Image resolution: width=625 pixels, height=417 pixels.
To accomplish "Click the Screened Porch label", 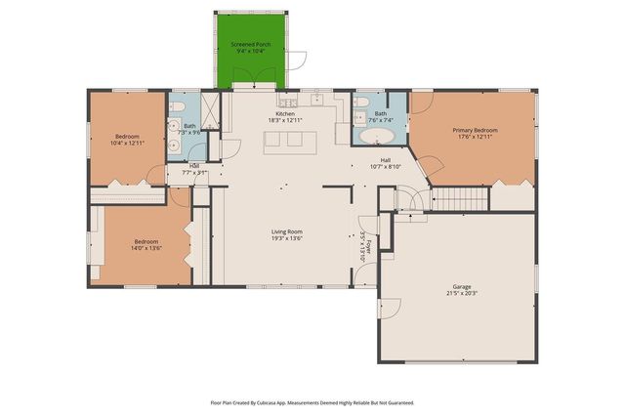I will [250, 45].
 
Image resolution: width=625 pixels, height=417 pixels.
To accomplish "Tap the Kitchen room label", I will [285, 113].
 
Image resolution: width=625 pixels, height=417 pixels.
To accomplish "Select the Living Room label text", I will [286, 231].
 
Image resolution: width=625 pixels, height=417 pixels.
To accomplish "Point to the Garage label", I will [457, 286].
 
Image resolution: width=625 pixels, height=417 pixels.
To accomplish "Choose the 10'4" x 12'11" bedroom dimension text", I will [127, 143].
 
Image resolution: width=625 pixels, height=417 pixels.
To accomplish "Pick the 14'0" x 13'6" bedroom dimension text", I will [146, 248].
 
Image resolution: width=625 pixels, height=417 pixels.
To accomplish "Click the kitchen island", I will [283, 140].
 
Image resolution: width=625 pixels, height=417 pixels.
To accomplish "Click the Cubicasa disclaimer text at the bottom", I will [312, 402].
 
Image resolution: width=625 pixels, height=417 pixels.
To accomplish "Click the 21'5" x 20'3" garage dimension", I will [457, 293].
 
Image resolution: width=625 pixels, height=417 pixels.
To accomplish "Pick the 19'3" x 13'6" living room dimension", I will [286, 238].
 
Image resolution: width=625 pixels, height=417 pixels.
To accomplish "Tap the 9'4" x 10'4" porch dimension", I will [250, 52].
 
